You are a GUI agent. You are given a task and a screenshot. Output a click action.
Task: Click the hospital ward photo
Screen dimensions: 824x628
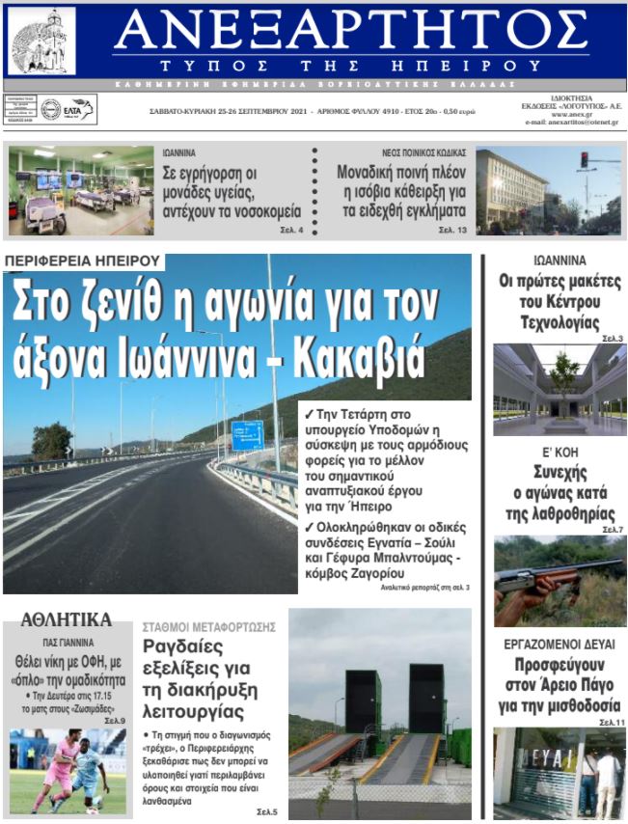81,190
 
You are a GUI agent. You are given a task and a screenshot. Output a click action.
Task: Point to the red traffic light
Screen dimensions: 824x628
584,160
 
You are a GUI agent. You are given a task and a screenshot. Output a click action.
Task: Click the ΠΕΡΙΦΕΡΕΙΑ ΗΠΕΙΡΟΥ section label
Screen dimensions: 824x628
82,261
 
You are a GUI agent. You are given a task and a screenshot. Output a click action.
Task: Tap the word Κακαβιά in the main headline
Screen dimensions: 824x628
365,358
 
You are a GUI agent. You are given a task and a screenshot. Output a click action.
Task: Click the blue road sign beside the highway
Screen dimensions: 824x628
246,434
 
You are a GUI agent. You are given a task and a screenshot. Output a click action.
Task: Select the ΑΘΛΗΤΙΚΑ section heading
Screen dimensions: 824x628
67,619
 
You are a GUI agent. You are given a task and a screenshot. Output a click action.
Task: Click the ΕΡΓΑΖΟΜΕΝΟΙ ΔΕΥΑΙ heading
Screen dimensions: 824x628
560,644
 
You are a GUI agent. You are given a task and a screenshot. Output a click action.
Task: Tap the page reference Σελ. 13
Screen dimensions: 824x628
451,231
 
